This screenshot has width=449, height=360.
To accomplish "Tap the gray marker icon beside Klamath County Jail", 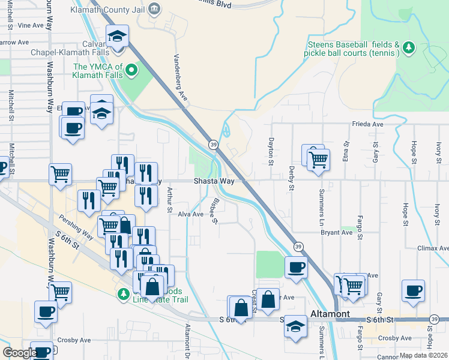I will [154, 8].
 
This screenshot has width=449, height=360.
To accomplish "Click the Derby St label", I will [291, 178].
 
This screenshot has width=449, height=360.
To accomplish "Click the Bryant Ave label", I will [336, 232].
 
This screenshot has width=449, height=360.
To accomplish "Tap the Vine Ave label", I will [31, 25].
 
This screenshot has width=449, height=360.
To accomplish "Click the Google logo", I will [20, 353].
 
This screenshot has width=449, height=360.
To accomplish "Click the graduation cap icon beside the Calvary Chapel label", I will [117, 37].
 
